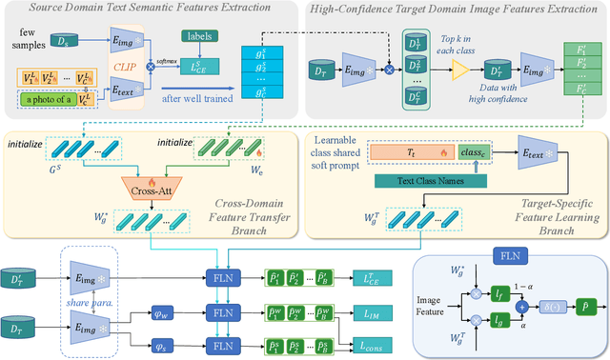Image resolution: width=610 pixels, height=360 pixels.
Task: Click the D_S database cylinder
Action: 64,41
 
